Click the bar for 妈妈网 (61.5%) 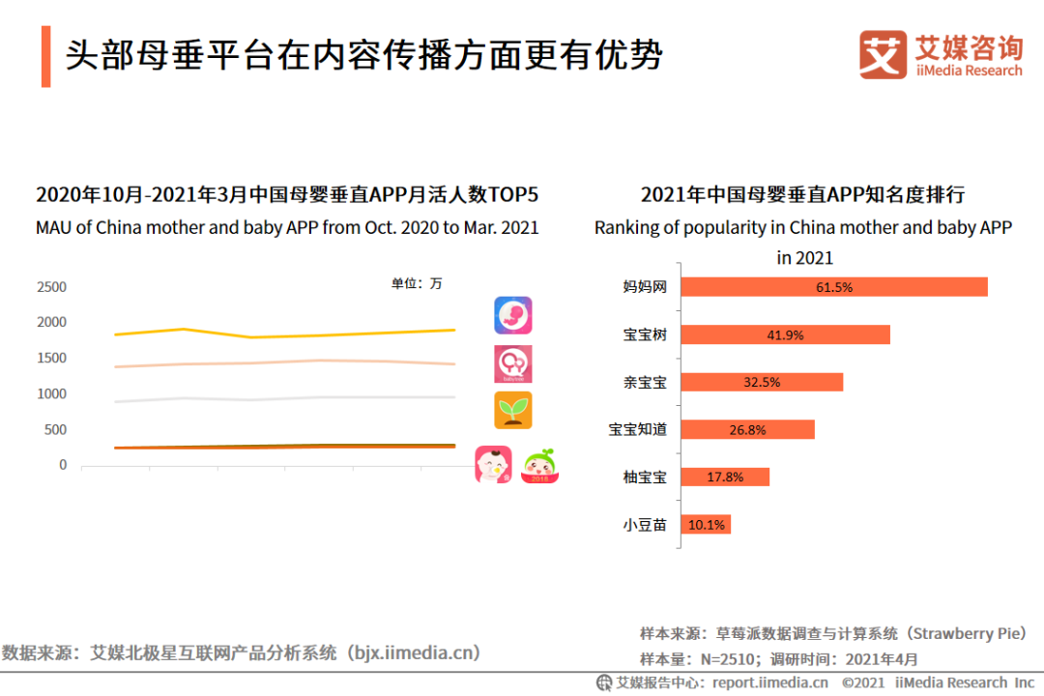click(x=834, y=287)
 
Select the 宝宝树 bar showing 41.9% click(x=785, y=334)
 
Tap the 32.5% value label click(x=762, y=382)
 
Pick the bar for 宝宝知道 click(x=748, y=429)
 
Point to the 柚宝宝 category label click(x=645, y=477)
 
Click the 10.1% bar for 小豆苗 click(x=707, y=525)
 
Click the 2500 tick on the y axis click(x=51, y=287)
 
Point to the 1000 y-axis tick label click(x=51, y=394)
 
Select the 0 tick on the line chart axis click(x=63, y=465)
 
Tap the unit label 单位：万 click(x=417, y=283)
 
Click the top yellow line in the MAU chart click(x=290, y=335)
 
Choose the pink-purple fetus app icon click(x=513, y=315)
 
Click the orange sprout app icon click(x=513, y=410)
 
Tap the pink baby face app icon click(x=493, y=465)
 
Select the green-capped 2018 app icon click(x=540, y=466)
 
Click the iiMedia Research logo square click(x=884, y=55)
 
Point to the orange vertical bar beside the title click(x=45, y=57)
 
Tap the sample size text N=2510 click(x=725, y=659)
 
